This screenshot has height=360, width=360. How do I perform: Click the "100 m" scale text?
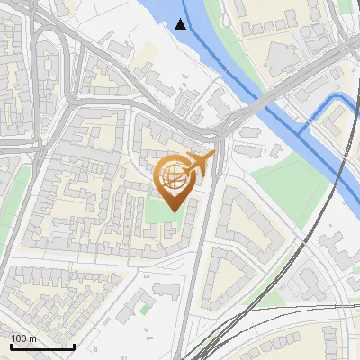[x=23, y=338]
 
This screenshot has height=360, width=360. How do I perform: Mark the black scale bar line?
[x=42, y=346]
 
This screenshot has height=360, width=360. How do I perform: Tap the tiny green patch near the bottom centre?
[x=144, y=309]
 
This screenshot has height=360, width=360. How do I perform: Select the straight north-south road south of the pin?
[x=197, y=270]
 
